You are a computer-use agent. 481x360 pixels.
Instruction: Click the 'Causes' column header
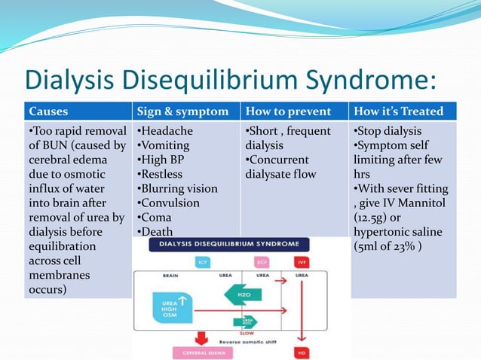[49, 111]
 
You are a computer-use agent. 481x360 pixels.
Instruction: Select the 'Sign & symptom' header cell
[182, 111]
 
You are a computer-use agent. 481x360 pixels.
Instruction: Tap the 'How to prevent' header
[287, 111]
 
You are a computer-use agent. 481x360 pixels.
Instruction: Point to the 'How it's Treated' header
[398, 111]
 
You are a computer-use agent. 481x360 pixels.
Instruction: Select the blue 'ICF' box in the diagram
[203, 261]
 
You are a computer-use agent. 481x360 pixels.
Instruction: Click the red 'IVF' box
[302, 261]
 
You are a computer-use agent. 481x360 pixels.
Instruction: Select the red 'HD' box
[302, 352]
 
